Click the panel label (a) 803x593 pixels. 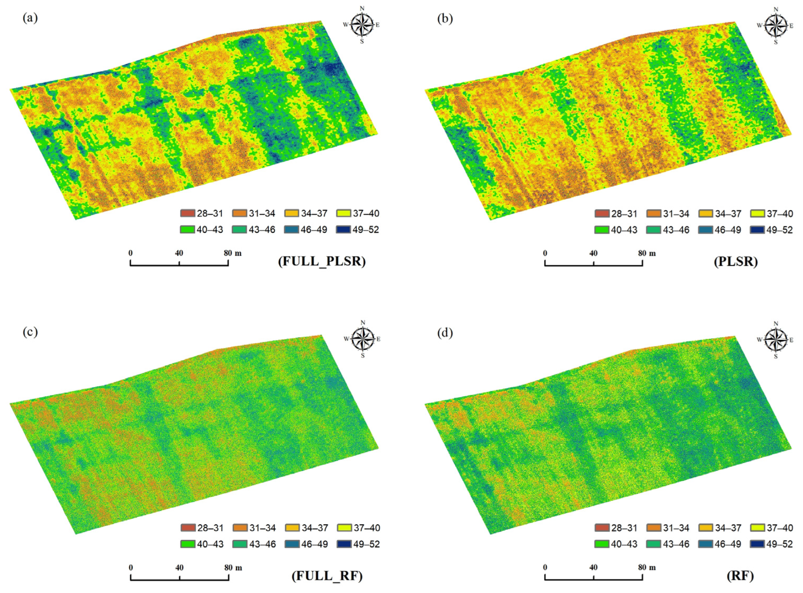click(30, 18)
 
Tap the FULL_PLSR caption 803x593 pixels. click(322, 261)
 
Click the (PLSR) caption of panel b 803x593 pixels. click(736, 262)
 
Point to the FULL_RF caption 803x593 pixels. click(327, 576)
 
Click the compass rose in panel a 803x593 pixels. click(362, 25)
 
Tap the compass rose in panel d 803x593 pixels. click(776, 339)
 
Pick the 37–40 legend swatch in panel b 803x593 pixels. click(758, 214)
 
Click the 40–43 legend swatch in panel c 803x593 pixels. click(188, 544)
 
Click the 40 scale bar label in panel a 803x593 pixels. click(179, 253)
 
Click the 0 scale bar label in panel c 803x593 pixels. click(131, 567)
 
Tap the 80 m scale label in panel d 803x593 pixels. click(647, 567)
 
